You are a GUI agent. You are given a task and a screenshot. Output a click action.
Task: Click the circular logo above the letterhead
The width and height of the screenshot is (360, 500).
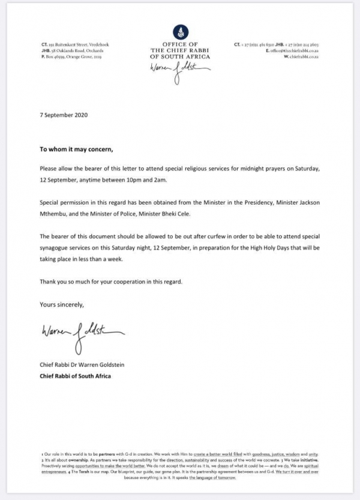tap(180, 31)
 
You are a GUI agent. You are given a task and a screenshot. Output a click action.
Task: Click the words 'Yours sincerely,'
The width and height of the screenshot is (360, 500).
tap(62, 304)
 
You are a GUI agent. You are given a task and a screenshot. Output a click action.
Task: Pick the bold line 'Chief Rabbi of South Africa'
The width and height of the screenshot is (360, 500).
tap(76, 376)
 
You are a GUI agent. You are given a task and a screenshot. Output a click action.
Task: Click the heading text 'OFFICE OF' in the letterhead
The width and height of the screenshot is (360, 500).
tap(180, 45)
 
